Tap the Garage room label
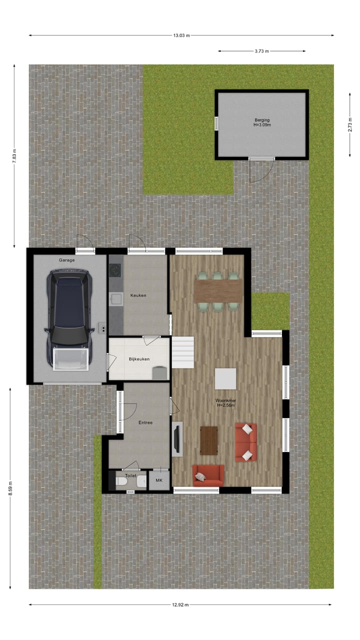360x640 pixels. [x=67, y=260]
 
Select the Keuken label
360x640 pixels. [x=138, y=295]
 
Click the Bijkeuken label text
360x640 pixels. [x=139, y=359]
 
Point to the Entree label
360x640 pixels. [x=145, y=422]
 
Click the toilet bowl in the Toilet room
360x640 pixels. [x=120, y=482]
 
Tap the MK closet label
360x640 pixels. [x=159, y=480]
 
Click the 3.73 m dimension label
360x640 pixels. [x=261, y=51]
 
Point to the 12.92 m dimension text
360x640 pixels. [x=180, y=605]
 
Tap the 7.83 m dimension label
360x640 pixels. [x=14, y=157]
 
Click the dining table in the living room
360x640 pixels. [x=217, y=290]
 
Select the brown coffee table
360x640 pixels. [x=208, y=440]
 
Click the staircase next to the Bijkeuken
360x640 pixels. [x=183, y=352]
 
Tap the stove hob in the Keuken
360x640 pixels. [x=115, y=270]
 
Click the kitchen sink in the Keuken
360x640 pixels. [x=115, y=299]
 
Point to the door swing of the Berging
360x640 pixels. [x=261, y=170]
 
